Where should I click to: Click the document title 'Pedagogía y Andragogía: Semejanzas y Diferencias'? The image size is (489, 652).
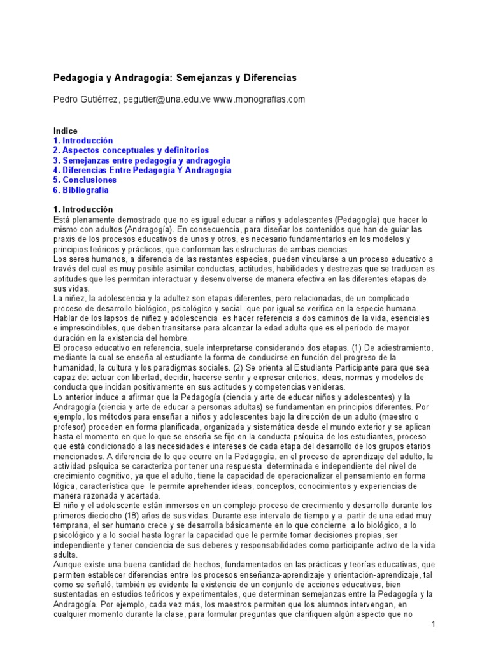click(175, 78)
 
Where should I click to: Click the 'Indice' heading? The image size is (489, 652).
click(66, 131)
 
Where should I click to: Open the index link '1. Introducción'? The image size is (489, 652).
click(83, 141)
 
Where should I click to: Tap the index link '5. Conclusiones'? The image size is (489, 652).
click(85, 180)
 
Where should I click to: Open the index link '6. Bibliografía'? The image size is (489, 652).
click(81, 190)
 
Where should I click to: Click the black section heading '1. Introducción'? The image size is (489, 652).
click(83, 209)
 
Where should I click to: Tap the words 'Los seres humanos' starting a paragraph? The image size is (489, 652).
click(89, 259)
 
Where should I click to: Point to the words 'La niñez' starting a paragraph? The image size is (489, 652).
click(69, 298)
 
